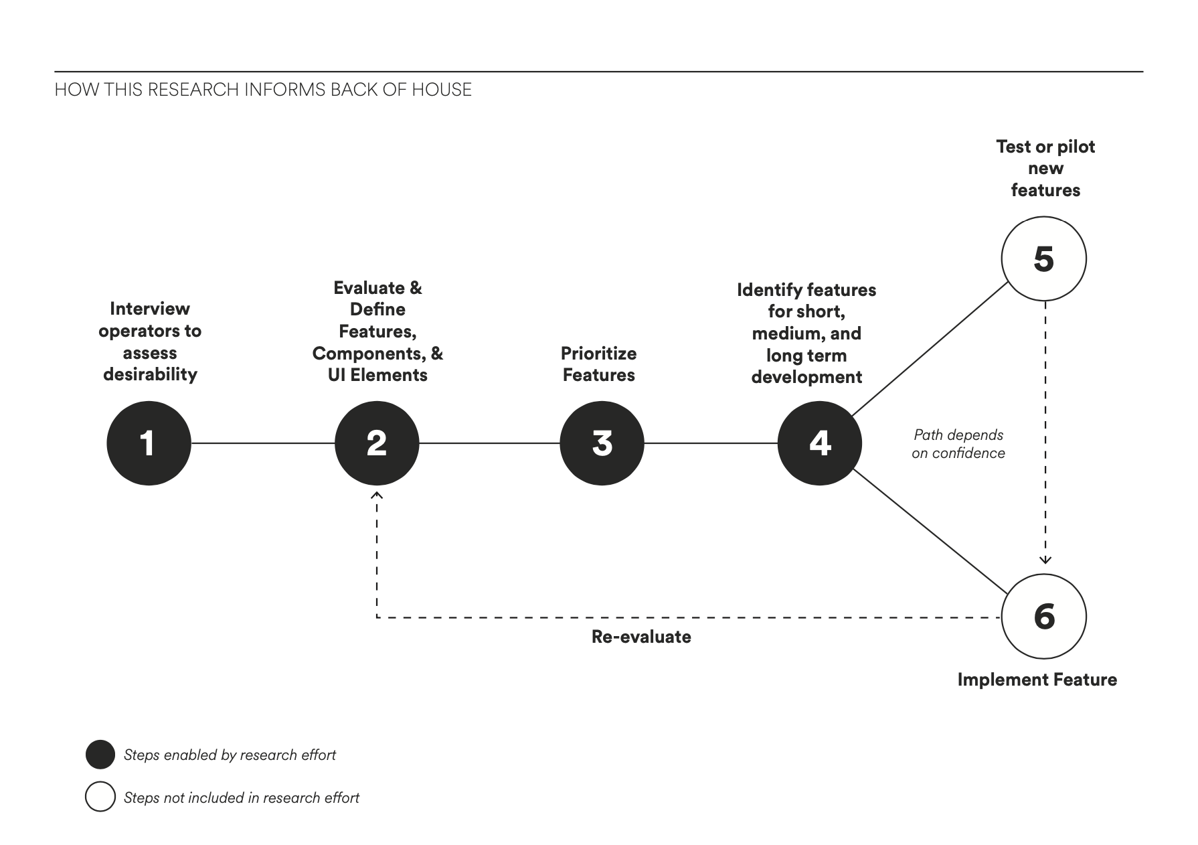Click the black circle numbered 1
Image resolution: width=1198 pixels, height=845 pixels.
tap(149, 443)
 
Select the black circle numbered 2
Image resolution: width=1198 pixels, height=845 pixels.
tap(377, 443)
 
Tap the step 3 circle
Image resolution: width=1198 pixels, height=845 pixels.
tap(602, 443)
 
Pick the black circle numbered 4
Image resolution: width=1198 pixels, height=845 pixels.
tap(820, 443)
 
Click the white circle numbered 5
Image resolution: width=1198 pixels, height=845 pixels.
tap(1044, 258)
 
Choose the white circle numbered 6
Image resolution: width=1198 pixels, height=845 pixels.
tap(1044, 617)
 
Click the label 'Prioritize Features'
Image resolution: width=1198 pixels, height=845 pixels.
tap(599, 364)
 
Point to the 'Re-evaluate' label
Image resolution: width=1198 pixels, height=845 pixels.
tap(641, 636)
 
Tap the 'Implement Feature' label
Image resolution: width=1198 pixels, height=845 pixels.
tap(1037, 680)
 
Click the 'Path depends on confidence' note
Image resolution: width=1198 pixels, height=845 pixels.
tap(958, 444)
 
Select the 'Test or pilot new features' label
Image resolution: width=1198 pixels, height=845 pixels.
tap(1045, 168)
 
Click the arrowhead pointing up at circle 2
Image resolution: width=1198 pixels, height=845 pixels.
tap(377, 495)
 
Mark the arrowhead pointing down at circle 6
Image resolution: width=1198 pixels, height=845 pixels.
tap(1045, 560)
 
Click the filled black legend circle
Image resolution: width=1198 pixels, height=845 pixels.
tap(100, 755)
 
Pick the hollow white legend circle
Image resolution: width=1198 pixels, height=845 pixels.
tap(100, 797)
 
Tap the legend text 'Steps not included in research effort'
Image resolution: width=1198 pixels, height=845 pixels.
tap(242, 797)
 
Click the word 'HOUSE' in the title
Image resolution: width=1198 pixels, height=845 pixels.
tap(442, 90)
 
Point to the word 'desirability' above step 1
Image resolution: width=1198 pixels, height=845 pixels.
tap(150, 374)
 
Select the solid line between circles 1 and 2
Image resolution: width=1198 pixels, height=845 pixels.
tap(263, 443)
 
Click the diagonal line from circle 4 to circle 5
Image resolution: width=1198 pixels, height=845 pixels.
tap(930, 349)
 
